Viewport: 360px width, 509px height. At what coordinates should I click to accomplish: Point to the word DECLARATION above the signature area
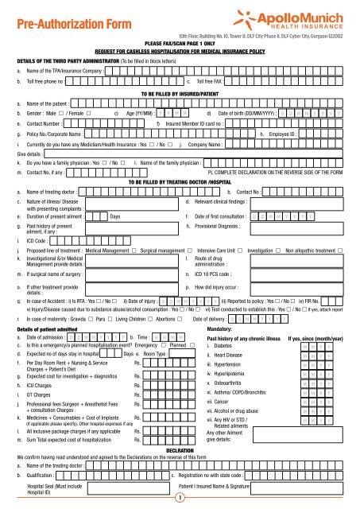pos(180,449)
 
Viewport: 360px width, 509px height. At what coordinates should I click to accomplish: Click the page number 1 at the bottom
pos(180,499)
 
